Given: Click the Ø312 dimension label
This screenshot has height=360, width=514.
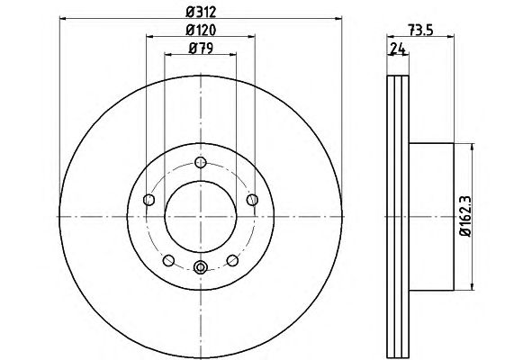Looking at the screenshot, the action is [x=201, y=12].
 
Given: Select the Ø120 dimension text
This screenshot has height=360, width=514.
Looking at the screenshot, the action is [x=201, y=31].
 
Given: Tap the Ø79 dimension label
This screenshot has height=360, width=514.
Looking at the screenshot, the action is [x=201, y=49].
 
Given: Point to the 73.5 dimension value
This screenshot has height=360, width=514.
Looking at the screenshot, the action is [x=421, y=31].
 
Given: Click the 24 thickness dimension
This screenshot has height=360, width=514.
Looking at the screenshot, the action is [x=398, y=49].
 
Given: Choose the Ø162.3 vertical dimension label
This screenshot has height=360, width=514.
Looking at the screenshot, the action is [x=465, y=216].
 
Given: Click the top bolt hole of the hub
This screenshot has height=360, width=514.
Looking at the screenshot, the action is [x=201, y=162].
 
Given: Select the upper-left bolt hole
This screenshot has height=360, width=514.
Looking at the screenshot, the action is [x=149, y=199].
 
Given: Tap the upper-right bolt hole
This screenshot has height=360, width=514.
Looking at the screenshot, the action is [x=252, y=200].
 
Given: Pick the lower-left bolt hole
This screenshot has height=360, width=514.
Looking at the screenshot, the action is [x=168, y=261].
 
